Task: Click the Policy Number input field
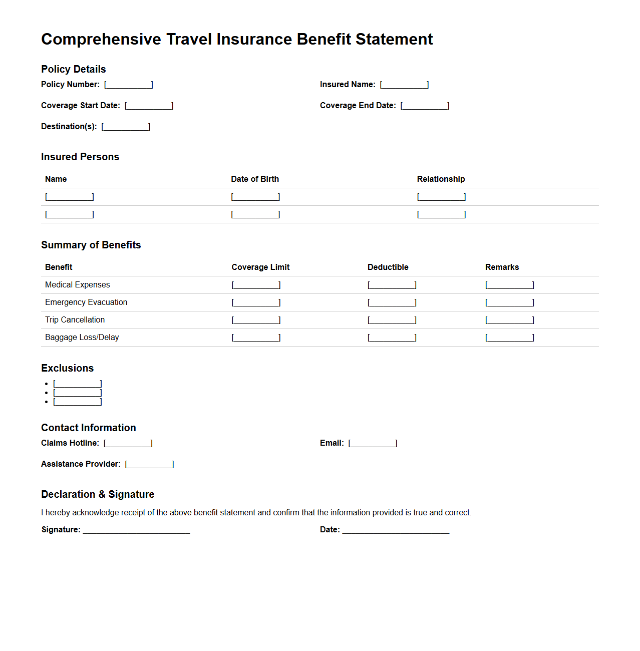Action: [129, 85]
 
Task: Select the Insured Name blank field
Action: [404, 85]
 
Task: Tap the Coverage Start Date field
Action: [149, 106]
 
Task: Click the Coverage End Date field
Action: [425, 106]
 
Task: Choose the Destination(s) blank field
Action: [126, 127]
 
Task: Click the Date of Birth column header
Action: [255, 179]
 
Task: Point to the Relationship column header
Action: [441, 179]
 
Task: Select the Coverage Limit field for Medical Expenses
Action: [256, 285]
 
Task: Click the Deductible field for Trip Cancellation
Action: [392, 320]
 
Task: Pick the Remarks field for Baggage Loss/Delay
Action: [510, 338]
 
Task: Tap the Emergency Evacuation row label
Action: [86, 302]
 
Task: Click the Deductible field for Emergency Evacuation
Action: [392, 302]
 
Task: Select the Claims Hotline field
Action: [128, 443]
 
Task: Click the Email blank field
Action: [373, 443]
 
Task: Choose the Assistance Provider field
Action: [150, 464]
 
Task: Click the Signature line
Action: [136, 530]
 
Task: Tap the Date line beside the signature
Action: [396, 530]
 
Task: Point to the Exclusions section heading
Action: [67, 369]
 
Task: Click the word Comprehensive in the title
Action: [101, 40]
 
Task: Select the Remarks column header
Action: [502, 267]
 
